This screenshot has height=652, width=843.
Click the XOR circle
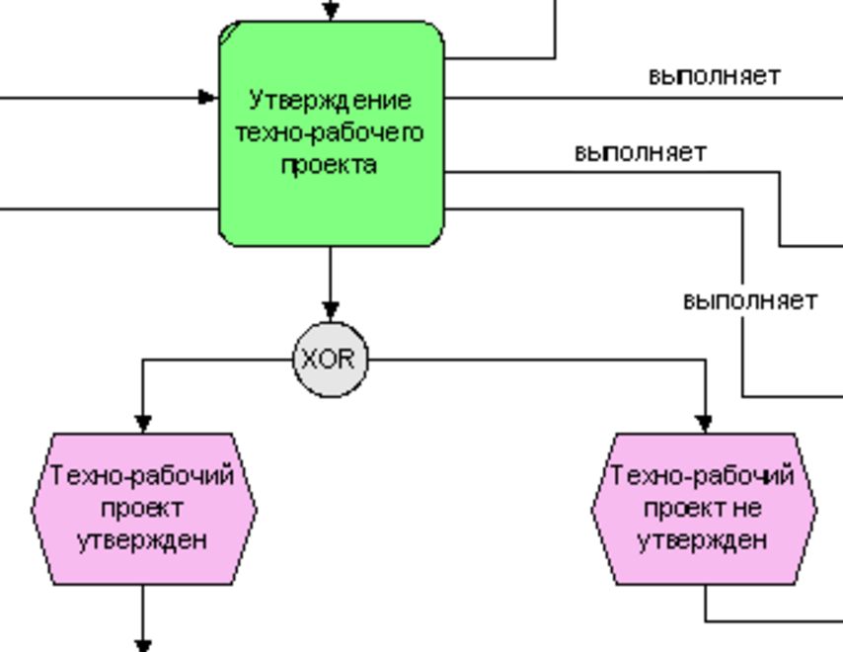tap(331, 360)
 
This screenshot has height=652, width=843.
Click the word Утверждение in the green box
tap(330, 101)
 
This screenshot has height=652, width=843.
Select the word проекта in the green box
tap(330, 164)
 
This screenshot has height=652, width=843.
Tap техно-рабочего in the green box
tap(330, 132)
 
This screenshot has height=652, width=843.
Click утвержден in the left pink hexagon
tap(143, 540)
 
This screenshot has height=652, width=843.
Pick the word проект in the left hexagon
tap(143, 509)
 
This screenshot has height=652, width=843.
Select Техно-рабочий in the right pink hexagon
tap(703, 476)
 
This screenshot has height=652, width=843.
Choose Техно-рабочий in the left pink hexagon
tap(143, 476)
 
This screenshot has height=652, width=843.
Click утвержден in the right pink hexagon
tap(703, 540)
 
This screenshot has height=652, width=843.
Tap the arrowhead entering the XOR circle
tap(331, 312)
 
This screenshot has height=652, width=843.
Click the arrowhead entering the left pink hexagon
tap(143, 423)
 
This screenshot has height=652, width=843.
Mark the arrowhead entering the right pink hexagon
tap(704, 423)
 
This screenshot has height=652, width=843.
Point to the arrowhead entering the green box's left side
tap(207, 97)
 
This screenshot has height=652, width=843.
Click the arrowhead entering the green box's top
tap(331, 12)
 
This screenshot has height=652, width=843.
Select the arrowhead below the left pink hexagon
tap(143, 645)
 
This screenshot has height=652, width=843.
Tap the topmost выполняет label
tap(714, 76)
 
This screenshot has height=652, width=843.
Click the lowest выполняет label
tap(750, 300)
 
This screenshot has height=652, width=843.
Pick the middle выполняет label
tap(641, 153)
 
